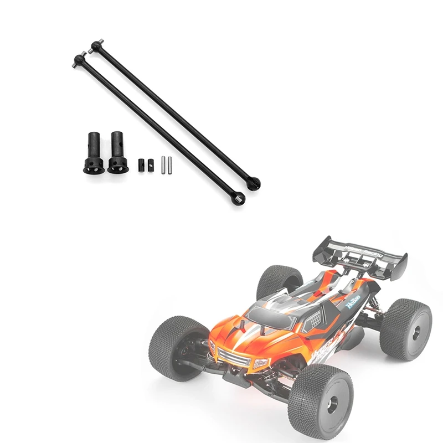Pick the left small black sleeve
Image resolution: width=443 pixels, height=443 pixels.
click(x=140, y=164)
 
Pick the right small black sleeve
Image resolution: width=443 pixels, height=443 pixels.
click(x=150, y=164)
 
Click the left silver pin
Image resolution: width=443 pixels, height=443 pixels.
click(x=163, y=164)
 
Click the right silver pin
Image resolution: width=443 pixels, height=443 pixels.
click(x=171, y=164)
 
